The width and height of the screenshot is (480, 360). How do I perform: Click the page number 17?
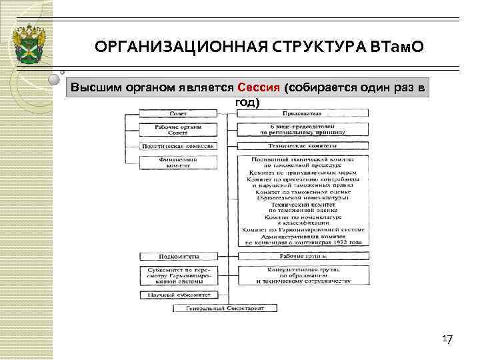pos(447,341)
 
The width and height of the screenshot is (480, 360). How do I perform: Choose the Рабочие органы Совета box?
pos(177,129)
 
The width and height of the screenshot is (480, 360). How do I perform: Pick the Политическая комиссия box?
pos(177,145)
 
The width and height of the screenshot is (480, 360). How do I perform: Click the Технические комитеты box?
pos(301,145)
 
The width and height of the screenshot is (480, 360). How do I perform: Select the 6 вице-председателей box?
pos(301,129)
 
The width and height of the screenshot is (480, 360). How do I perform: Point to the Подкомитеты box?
pos(177,256)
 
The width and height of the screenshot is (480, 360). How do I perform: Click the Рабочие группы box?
pos(301,256)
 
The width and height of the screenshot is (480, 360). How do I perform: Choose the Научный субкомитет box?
pos(177,294)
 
